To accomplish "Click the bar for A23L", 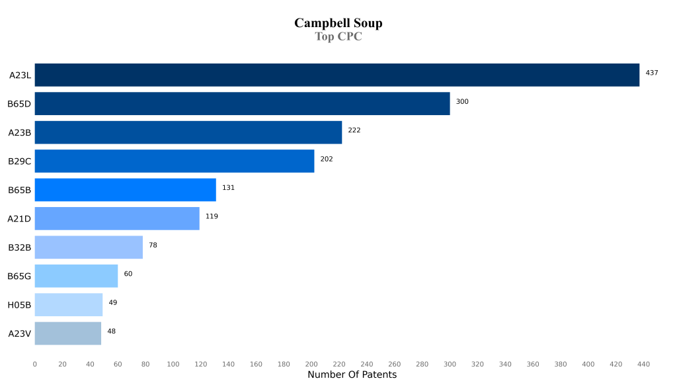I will coord(337,75).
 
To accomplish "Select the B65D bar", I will coord(242,104).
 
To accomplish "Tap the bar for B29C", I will coord(174,161).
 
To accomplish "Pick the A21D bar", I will coord(116,218).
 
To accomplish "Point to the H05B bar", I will coord(68,304).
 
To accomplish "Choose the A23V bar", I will coord(67,333).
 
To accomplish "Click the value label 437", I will coord(652,73).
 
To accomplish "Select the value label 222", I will coord(354,130).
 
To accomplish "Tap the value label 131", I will coord(228,188).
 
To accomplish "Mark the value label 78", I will coord(153,245).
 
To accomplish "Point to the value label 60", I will coord(128,274).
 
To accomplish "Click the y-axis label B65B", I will coord(19,190).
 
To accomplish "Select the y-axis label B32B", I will coord(19,247).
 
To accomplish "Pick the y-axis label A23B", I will coord(19,132).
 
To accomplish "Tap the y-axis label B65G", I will coord(19,276).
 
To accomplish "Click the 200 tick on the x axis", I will coord(311,365).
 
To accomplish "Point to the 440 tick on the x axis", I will coord(644,365).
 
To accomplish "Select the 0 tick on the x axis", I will coord(35,365).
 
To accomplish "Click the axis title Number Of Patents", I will coord(352,375).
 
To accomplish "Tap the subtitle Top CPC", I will coord(338,37).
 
